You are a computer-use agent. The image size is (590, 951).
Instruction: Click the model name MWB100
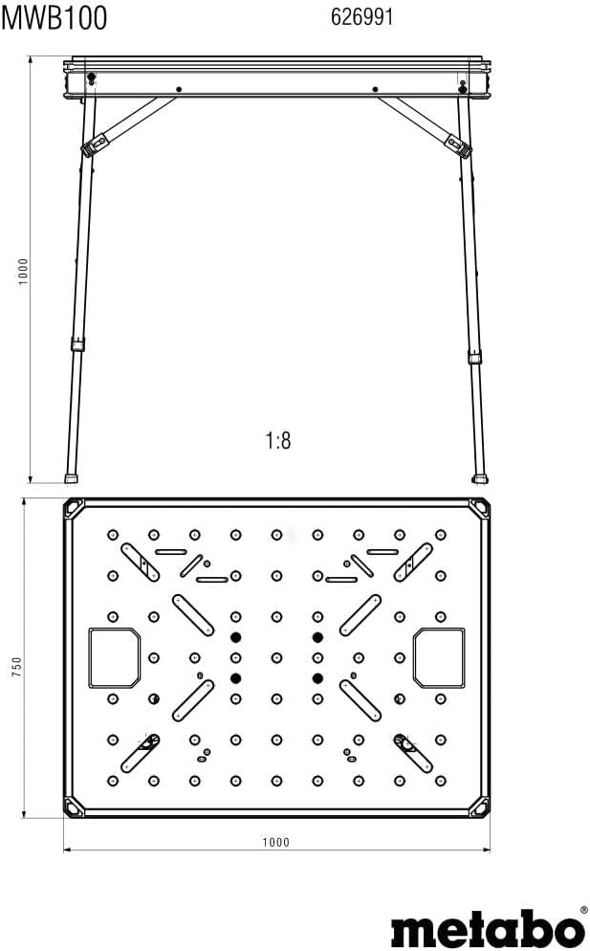click(54, 17)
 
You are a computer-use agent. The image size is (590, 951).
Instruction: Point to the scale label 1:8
click(277, 440)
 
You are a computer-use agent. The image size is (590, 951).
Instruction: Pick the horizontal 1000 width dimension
click(275, 842)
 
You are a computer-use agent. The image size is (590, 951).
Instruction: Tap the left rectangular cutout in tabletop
click(114, 657)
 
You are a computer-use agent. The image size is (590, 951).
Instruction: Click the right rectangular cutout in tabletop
click(439, 657)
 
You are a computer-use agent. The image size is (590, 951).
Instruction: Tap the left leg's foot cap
click(72, 475)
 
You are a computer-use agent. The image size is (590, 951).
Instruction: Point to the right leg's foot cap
click(480, 475)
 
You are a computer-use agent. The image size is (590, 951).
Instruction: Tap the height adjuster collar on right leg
click(474, 357)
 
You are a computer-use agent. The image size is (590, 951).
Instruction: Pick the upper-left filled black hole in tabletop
click(235, 637)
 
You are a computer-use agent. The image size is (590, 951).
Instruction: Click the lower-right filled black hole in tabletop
click(317, 677)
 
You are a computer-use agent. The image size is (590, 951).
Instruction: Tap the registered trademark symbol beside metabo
click(583, 911)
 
